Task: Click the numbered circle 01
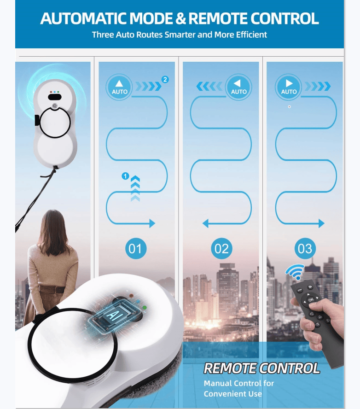[135, 249]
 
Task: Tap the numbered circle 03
[305, 249]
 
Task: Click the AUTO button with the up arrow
[119, 86]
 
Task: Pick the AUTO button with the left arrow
[238, 86]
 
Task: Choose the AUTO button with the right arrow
[289, 86]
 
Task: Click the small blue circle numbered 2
[165, 79]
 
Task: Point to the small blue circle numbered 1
[124, 175]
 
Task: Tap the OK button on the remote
[311, 299]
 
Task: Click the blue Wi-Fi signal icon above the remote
[295, 272]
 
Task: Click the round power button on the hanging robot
[54, 105]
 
